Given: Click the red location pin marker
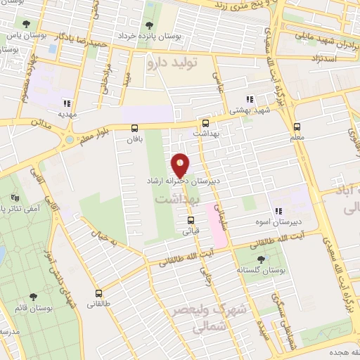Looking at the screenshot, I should (x=181, y=165).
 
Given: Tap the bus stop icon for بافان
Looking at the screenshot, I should (x=134, y=127).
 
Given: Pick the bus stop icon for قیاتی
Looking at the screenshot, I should (x=191, y=219).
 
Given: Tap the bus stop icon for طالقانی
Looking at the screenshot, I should (x=98, y=293).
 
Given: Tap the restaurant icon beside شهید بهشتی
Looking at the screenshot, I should (x=250, y=100).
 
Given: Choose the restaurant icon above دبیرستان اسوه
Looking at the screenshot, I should (x=279, y=210).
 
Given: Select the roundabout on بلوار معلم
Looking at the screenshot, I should (x=69, y=140).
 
